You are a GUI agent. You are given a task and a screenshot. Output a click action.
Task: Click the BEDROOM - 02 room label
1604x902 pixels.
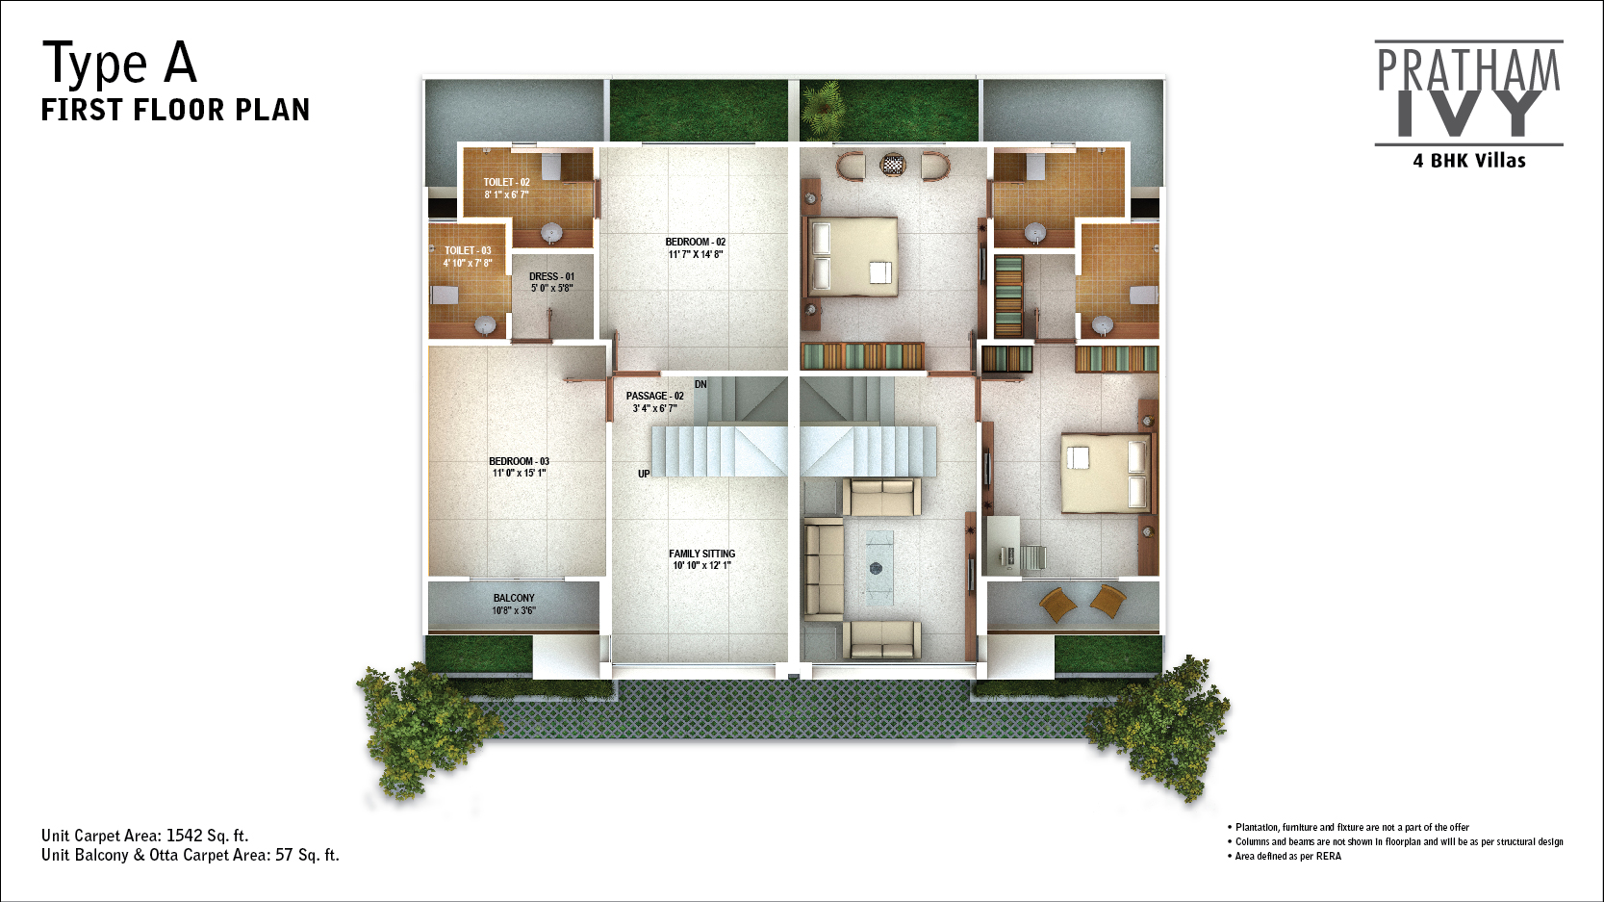coord(696,243)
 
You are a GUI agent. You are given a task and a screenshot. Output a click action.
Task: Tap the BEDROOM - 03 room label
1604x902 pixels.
coord(520,461)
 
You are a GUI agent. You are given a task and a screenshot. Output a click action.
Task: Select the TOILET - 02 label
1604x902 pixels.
coord(506,182)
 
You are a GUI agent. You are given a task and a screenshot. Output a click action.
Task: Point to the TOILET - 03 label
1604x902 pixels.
coord(468,250)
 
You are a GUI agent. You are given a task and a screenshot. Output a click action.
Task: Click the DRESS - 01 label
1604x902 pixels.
coord(551,276)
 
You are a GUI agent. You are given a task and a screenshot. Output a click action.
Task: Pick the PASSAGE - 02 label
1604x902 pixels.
coord(654,397)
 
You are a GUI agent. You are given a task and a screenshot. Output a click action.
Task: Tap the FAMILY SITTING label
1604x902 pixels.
coord(701,554)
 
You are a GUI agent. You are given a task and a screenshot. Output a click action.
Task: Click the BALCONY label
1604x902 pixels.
coord(514,598)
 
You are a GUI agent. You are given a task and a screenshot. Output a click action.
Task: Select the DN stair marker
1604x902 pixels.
coord(700,385)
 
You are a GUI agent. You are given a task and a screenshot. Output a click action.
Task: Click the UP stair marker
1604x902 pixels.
coord(644,474)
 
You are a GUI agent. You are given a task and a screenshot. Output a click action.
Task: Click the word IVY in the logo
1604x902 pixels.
coord(1469,114)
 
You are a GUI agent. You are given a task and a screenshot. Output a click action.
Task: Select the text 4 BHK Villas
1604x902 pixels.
coord(1468,161)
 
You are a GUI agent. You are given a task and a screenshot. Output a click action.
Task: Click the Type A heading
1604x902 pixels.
coord(119,63)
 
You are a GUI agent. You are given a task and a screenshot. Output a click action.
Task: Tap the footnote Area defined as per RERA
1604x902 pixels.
coord(1287,856)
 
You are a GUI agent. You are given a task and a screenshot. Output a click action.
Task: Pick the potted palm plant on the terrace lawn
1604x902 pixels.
coord(824,110)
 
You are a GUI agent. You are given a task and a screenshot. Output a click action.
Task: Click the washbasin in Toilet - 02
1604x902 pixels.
coord(550,233)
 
